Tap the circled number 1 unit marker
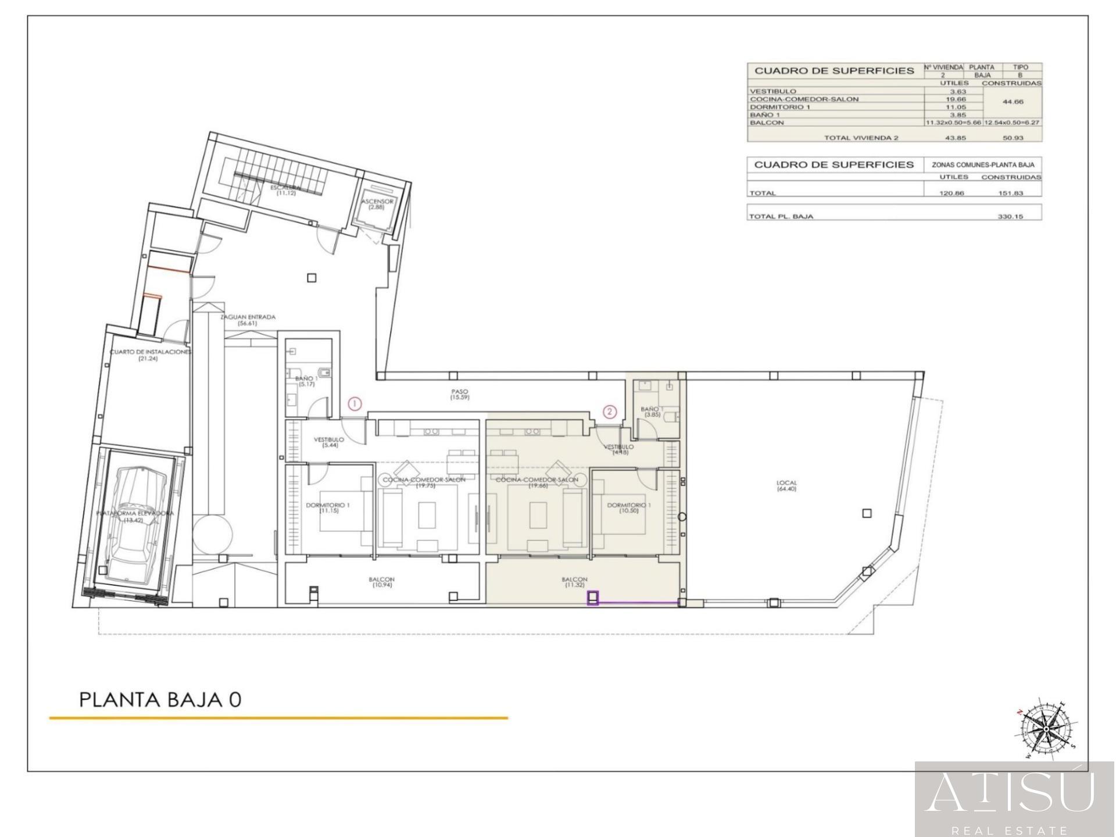pyautogui.click(x=355, y=403)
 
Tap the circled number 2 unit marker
pyautogui.click(x=610, y=412)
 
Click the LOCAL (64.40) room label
pyautogui.click(x=786, y=486)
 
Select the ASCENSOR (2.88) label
pyautogui.click(x=377, y=204)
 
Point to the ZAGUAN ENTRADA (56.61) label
pyautogui.click(x=248, y=320)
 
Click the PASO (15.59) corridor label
pyautogui.click(x=459, y=395)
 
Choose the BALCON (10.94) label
pyautogui.click(x=381, y=582)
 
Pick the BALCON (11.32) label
pyautogui.click(x=574, y=582)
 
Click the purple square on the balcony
pyautogui.click(x=593, y=598)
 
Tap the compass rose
pyautogui.click(x=1046, y=729)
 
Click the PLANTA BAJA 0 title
pyautogui.click(x=160, y=699)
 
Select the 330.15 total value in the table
pyautogui.click(x=1011, y=216)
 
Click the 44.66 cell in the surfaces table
pyautogui.click(x=1013, y=102)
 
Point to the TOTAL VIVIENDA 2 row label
pyautogui.click(x=861, y=138)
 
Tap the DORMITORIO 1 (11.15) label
pyautogui.click(x=328, y=508)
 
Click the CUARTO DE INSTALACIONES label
pyautogui.click(x=150, y=352)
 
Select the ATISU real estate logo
pyautogui.click(x=1014, y=799)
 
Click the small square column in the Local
pyautogui.click(x=867, y=513)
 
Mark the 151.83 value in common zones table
pyautogui.click(x=1011, y=193)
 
